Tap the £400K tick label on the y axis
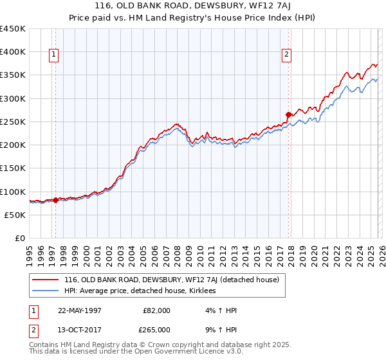click(x=13, y=52)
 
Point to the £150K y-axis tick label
click(x=13, y=168)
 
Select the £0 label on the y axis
click(x=20, y=239)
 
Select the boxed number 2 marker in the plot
click(x=286, y=55)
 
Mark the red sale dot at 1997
click(x=56, y=200)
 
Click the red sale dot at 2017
click(x=288, y=115)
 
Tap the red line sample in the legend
click(x=45, y=280)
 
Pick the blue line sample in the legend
click(x=45, y=291)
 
